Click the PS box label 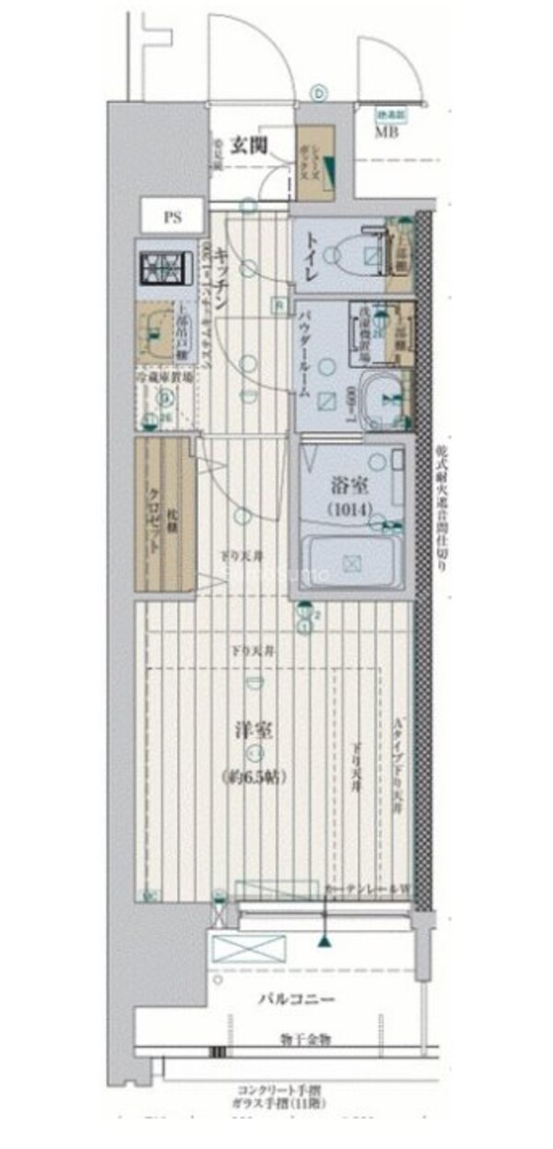click(x=172, y=218)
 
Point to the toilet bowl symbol click(x=355, y=251)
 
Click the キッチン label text click(x=221, y=273)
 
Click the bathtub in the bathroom click(x=352, y=563)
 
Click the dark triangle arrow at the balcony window click(x=324, y=941)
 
